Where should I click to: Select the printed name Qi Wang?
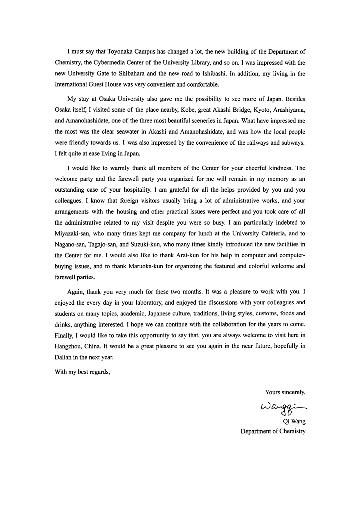[x=294, y=421]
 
